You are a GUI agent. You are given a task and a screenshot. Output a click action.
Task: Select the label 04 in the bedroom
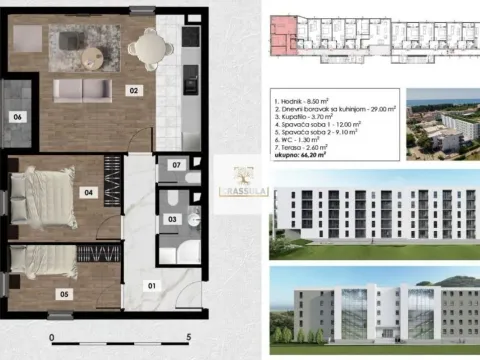(x=88, y=192)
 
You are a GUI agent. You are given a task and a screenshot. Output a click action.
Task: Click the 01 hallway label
(x=152, y=287)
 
